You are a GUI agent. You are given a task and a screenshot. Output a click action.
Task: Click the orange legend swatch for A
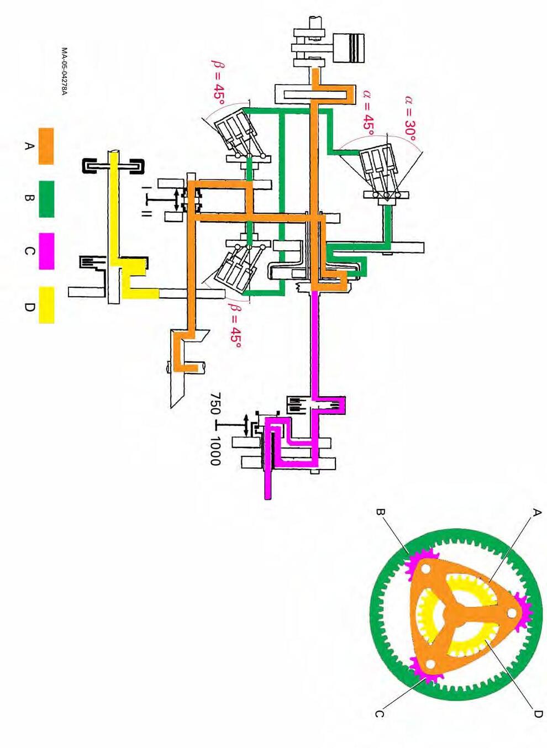click(x=46, y=146)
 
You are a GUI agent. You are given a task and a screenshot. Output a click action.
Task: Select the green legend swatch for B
click(x=46, y=198)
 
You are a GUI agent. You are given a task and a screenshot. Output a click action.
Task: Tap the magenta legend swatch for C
click(x=46, y=251)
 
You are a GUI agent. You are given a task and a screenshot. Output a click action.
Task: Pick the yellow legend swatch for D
click(x=46, y=304)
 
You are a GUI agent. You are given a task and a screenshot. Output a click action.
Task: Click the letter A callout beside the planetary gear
click(x=535, y=513)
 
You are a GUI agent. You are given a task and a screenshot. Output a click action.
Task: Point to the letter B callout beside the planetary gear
click(x=380, y=512)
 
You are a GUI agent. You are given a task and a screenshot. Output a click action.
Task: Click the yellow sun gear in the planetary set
click(x=475, y=641)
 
